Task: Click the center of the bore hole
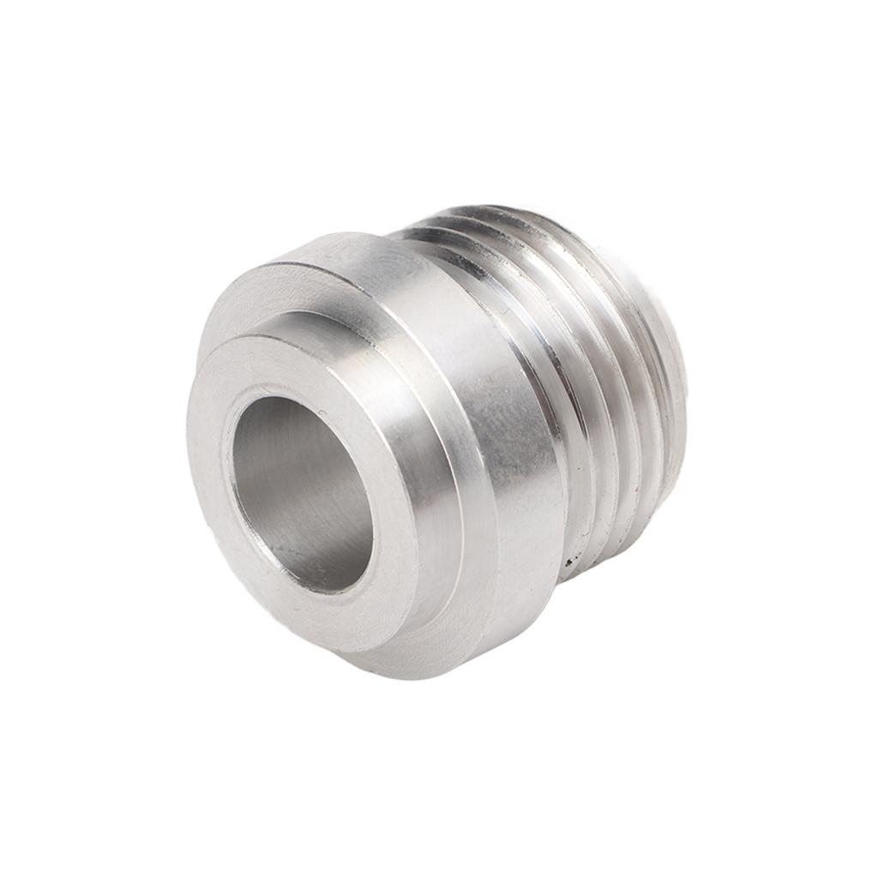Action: click(302, 493)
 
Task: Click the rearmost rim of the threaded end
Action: click(673, 369)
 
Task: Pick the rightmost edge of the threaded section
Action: click(686, 377)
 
